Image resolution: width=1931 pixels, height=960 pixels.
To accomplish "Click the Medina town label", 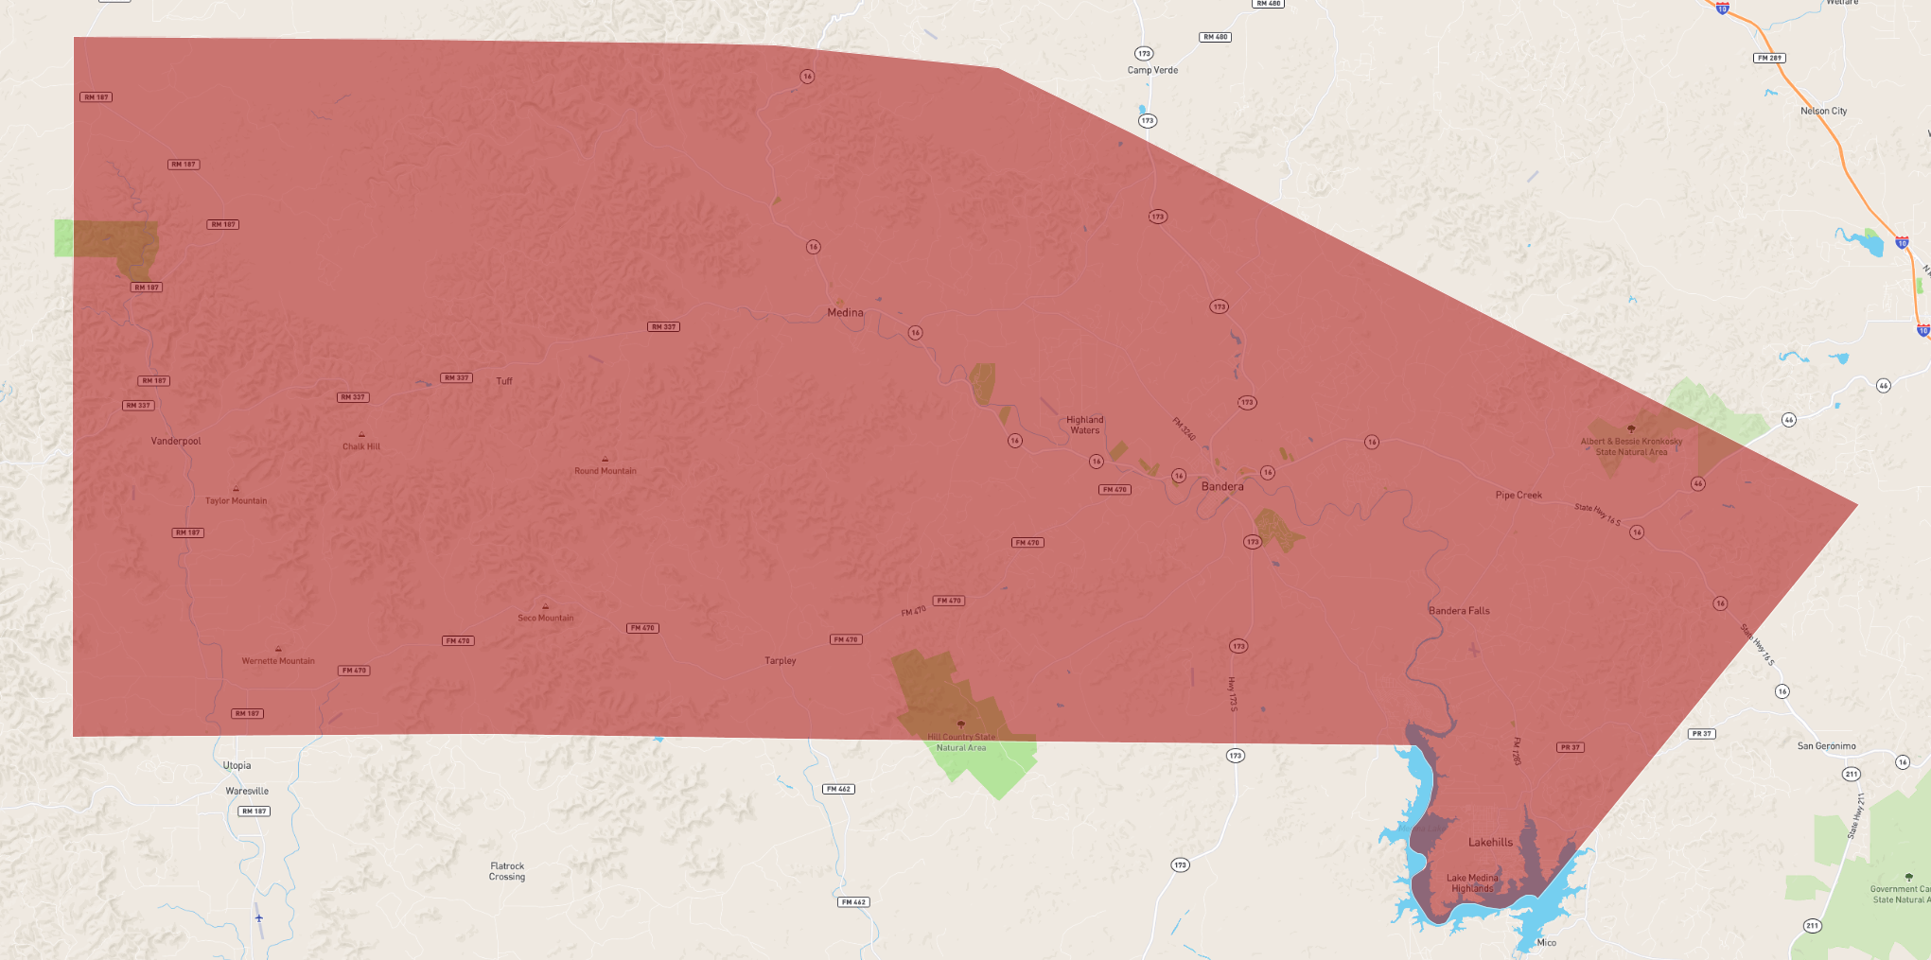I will pos(845,313).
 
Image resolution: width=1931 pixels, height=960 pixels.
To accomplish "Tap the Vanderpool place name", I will pos(176,442).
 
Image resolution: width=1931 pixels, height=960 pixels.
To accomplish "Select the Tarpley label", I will pos(781,661).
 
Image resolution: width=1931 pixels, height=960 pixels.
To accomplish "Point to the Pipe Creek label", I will pos(1518,496).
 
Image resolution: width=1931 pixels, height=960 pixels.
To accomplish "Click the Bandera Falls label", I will pos(1459,611).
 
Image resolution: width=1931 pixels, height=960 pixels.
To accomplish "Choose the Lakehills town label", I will pos(1490,843).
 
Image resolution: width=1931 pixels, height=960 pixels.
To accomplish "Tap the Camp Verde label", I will pos(1152,70).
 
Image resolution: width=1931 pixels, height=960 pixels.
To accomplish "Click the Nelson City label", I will pos(1823,112).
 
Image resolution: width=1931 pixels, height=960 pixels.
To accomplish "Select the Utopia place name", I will pos(237,766).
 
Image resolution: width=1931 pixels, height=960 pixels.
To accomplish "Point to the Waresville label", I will pos(247,792).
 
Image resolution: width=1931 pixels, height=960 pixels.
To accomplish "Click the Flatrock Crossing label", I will pos(507,871).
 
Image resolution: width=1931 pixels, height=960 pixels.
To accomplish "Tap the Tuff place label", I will pos(504,381).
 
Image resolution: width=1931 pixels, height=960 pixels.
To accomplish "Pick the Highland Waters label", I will pos(1085,426).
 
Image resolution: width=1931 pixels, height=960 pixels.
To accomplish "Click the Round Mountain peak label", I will pos(606,471).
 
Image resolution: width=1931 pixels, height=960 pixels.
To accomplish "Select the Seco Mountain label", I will pos(546,619).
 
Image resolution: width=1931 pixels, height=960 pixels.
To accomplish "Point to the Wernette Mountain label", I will pos(278,661).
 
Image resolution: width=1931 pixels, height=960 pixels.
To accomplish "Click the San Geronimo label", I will pos(1826,746).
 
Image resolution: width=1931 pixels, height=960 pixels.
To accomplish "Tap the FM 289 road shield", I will pos(1769,58).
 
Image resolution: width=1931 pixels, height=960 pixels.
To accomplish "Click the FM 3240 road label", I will pos(1185,428).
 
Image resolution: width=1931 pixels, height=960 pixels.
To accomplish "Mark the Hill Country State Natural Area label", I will pos(961,742).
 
